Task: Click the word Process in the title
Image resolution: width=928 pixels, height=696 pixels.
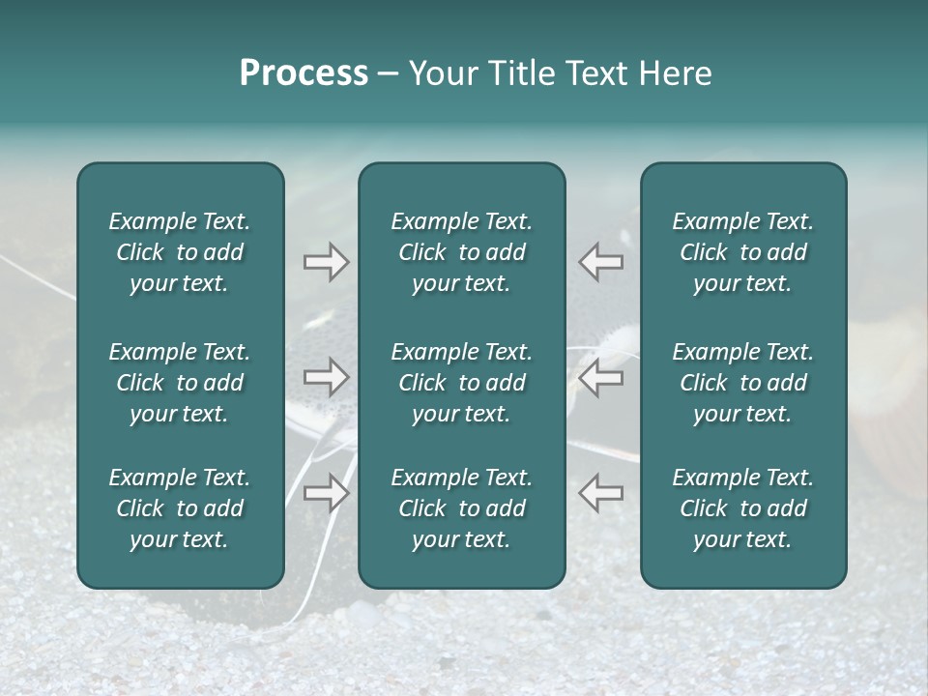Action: coord(304,73)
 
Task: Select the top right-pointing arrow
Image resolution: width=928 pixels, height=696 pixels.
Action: coord(327,262)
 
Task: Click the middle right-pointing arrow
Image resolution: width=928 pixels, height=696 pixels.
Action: coord(327,377)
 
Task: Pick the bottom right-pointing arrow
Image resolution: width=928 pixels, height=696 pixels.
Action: coord(327,492)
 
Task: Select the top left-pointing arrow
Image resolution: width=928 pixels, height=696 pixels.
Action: coord(600,262)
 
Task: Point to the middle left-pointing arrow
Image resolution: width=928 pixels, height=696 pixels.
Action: coord(600,377)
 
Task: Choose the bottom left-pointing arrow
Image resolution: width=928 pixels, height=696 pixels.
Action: coord(600,492)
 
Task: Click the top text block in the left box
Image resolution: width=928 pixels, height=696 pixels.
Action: coord(180,252)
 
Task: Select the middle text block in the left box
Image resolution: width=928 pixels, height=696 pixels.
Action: coord(180,383)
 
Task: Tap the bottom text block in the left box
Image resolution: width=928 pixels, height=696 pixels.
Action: coord(180,508)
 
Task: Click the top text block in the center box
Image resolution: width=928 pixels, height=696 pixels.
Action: coord(461,252)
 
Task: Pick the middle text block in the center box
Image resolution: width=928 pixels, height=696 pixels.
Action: coord(461,383)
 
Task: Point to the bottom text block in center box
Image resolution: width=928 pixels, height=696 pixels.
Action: coord(461,508)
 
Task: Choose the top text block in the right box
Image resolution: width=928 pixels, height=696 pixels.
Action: coord(743,252)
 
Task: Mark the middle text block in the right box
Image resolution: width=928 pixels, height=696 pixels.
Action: coord(743,383)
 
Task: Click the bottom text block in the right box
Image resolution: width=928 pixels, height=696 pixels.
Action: coord(743,508)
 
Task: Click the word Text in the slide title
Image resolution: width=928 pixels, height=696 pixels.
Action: coord(595,73)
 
